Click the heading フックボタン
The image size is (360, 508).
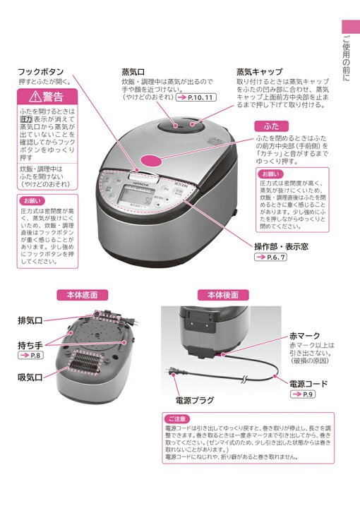(41, 72)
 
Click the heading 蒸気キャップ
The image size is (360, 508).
(259, 72)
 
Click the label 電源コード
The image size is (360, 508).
(309, 383)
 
